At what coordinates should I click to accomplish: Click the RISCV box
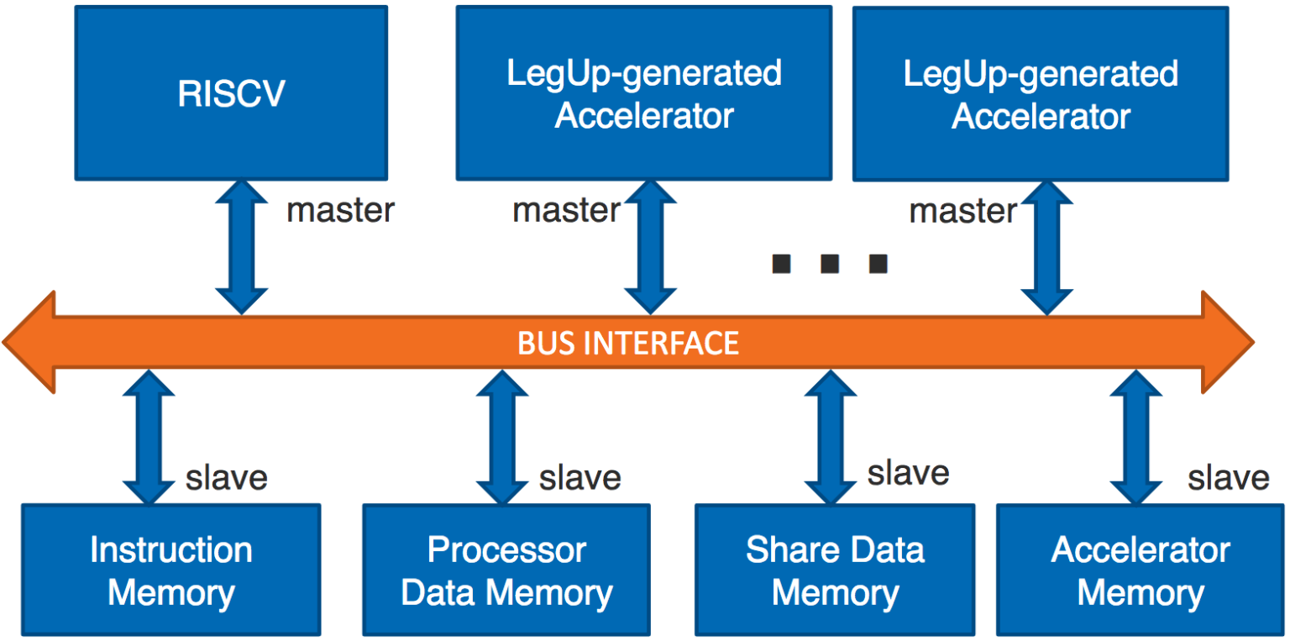[x=231, y=93]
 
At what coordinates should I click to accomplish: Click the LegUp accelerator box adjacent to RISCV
[x=644, y=93]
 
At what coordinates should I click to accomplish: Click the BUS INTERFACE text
[x=628, y=343]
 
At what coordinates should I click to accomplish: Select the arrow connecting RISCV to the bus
[x=242, y=246]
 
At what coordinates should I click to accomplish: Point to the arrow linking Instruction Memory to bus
[x=149, y=438]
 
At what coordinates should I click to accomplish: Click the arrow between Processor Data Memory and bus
[x=502, y=438]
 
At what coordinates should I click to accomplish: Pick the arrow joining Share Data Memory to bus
[x=831, y=438]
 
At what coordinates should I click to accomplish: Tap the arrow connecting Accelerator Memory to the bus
[x=1136, y=438]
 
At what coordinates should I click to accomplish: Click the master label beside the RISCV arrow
[x=340, y=211]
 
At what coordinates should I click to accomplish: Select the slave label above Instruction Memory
[x=226, y=478]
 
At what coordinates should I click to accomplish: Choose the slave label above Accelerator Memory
[x=1228, y=478]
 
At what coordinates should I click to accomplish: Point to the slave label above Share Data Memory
[x=908, y=474]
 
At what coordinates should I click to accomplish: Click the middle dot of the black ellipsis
[x=830, y=265]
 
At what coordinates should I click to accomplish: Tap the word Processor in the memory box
[x=506, y=550]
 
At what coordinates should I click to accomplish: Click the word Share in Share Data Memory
[x=784, y=550]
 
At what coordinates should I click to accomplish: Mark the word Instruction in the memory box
[x=171, y=550]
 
